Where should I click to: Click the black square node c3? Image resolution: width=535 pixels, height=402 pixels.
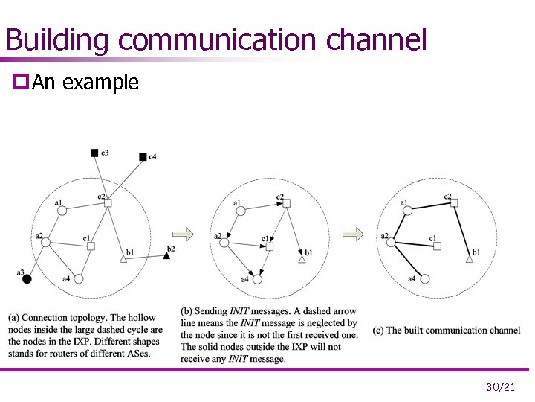tap(94, 153)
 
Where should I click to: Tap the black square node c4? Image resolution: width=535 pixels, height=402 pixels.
tap(143, 156)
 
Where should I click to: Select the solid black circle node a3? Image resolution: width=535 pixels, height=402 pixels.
tap(27, 279)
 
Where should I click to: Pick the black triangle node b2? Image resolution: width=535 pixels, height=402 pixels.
tap(167, 255)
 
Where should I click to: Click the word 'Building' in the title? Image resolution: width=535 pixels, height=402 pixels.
tap(56, 39)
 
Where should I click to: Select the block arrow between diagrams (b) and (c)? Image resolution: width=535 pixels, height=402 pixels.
tap(357, 234)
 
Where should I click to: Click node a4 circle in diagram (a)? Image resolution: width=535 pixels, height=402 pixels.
tap(78, 278)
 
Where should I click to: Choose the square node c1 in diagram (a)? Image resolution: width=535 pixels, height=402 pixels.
tap(91, 246)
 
